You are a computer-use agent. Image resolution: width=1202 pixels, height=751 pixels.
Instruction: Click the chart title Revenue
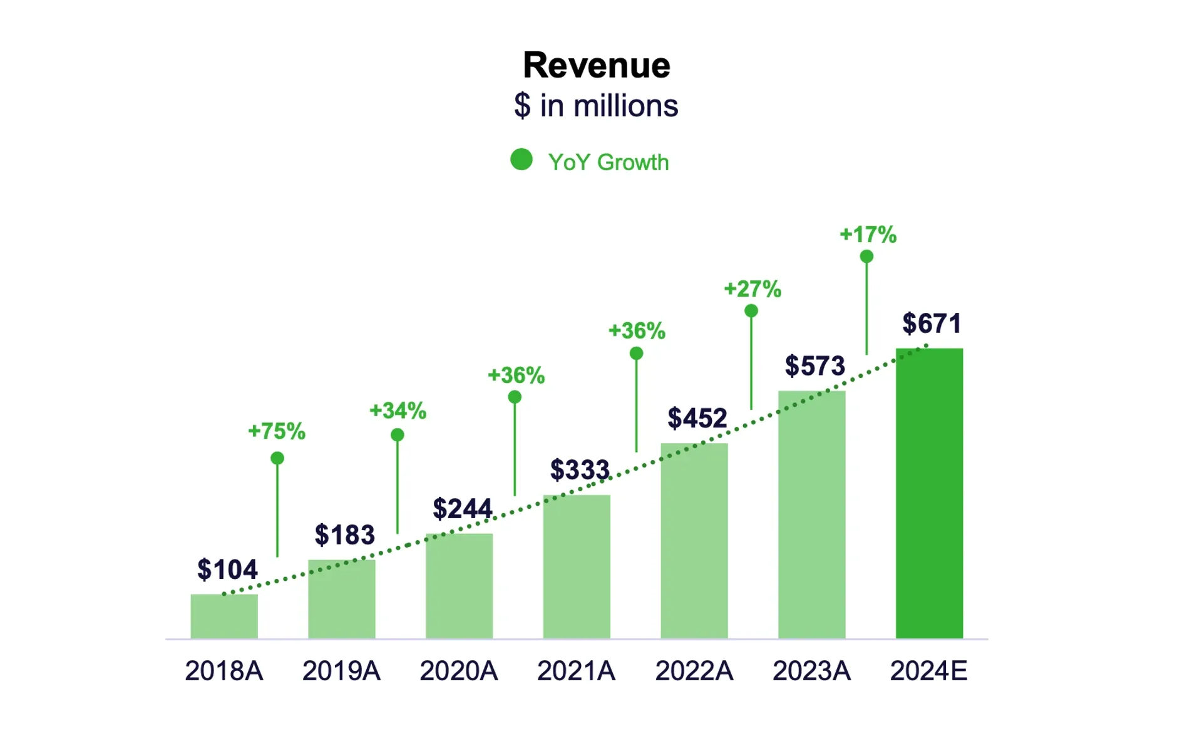tap(596, 65)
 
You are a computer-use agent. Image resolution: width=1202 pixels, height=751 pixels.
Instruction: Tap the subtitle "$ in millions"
tap(596, 106)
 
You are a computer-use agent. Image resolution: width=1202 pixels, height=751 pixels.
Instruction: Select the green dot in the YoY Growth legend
tap(521, 160)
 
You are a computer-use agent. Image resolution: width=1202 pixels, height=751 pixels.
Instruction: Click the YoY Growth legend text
tap(608, 162)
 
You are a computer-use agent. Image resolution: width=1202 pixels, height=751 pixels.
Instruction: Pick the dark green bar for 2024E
tap(929, 494)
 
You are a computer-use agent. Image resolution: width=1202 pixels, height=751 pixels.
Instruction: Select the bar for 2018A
tap(224, 616)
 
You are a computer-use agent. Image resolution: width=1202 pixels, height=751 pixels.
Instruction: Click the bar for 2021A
tap(577, 566)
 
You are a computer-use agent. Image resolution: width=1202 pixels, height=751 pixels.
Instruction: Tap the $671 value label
tap(931, 324)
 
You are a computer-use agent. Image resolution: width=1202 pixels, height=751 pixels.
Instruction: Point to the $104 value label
tap(227, 570)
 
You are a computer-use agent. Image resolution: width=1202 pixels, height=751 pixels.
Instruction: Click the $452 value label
tap(697, 418)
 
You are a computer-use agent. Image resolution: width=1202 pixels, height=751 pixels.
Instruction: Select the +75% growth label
tap(277, 431)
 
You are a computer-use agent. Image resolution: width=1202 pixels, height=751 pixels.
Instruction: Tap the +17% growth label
tap(868, 235)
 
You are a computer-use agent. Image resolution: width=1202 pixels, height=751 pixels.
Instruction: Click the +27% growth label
tap(753, 289)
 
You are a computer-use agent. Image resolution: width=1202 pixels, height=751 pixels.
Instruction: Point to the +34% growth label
tap(398, 411)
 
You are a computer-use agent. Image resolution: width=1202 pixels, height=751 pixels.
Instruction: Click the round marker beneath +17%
tap(866, 257)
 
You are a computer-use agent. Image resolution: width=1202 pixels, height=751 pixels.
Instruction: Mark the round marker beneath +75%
tap(277, 458)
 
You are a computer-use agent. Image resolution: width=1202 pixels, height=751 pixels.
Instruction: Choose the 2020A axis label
tap(458, 671)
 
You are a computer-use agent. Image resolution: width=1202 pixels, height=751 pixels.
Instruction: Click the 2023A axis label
tap(811, 671)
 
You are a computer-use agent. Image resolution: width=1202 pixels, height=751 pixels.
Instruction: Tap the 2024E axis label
tap(928, 671)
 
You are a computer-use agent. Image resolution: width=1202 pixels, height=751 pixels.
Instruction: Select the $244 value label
tap(462, 508)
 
